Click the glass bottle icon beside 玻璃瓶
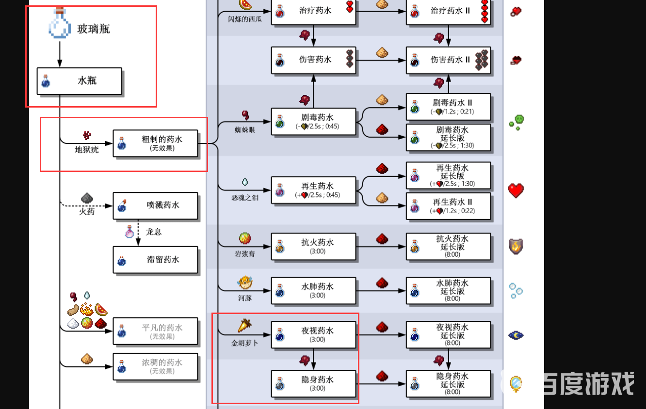point(60,24)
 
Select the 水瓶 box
point(79,81)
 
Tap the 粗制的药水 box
point(155,143)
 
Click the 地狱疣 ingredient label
point(86,150)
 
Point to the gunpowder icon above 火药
point(87,198)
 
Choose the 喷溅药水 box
point(155,205)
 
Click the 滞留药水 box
point(155,260)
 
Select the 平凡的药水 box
point(155,331)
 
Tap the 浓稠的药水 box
point(155,366)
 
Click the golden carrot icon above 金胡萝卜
point(244,326)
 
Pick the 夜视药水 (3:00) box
point(313,335)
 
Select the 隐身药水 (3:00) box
point(313,384)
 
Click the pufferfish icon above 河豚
point(244,282)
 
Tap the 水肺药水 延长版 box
point(448,291)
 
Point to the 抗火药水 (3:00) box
point(313,246)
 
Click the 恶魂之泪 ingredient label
point(245,198)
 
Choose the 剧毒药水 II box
point(448,107)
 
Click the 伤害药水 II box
point(448,60)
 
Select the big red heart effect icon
point(516,190)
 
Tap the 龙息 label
point(154,232)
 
